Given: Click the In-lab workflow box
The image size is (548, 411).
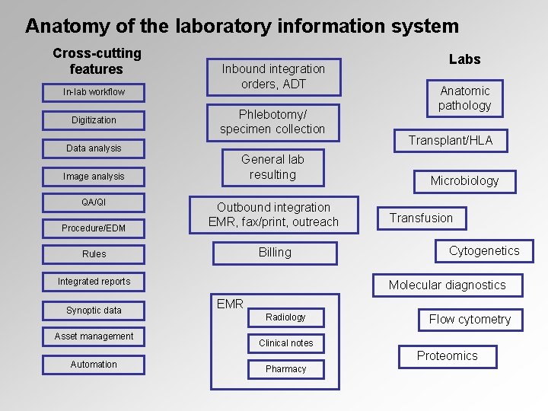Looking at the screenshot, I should [94, 92].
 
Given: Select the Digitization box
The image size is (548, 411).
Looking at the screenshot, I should [94, 120].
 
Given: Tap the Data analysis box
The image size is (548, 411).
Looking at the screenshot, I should [94, 148].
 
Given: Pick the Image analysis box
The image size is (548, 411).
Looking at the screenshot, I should [94, 177].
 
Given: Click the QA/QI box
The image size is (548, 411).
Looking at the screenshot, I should [94, 202].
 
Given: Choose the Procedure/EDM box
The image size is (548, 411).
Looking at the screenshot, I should [94, 228].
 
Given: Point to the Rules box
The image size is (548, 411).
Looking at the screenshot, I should [94, 254].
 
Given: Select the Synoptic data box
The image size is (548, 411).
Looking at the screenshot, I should [94, 311].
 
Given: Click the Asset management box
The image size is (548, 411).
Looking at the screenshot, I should [94, 336].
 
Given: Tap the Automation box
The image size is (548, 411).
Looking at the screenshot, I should [94, 365].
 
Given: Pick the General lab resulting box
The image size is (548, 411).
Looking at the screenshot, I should [272, 167].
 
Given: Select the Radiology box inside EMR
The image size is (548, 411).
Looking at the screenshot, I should [285, 317].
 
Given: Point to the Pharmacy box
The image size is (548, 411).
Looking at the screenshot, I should [285, 369].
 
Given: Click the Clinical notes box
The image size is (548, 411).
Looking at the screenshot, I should [285, 343].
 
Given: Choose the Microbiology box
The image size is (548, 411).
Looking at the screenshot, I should [464, 181].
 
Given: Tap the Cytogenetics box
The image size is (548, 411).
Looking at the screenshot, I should [484, 251].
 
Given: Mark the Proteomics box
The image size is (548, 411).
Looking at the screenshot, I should [448, 356].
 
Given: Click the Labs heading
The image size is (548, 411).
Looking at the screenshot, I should [464, 59].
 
